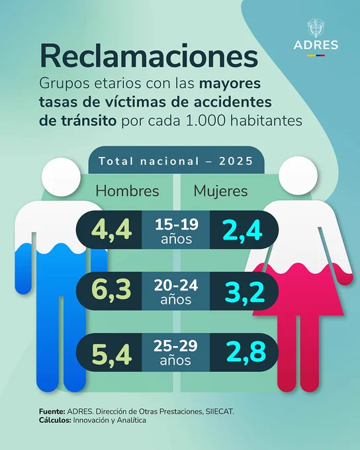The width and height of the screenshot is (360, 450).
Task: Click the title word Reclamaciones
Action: [149, 56]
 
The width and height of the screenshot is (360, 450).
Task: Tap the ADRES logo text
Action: [316, 45]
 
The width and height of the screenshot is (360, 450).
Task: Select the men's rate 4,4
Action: [111, 230]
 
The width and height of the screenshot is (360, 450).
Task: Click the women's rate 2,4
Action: [242, 230]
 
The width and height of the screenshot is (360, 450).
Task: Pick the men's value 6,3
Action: [111, 291]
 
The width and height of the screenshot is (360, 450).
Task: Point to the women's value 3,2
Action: [244, 292]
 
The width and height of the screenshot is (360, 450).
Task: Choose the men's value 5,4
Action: [112, 354]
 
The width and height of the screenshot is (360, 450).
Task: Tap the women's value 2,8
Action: [246, 351]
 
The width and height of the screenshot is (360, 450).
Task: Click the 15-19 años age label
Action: [177, 232]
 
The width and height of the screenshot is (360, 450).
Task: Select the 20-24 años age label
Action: [176, 292]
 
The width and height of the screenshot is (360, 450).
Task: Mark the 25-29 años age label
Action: [175, 353]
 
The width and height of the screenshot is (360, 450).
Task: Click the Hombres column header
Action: [127, 191]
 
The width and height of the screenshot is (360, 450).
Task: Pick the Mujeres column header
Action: [220, 192]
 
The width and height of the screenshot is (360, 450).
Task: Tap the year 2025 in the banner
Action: [236, 161]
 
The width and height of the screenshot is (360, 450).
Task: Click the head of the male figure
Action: [61, 177]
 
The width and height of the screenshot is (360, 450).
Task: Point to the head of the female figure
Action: [298, 175]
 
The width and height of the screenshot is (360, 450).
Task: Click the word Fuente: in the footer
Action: [52, 412]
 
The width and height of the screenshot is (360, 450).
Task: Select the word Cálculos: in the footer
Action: [55, 420]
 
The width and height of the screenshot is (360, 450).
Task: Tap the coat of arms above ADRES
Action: [316, 28]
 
